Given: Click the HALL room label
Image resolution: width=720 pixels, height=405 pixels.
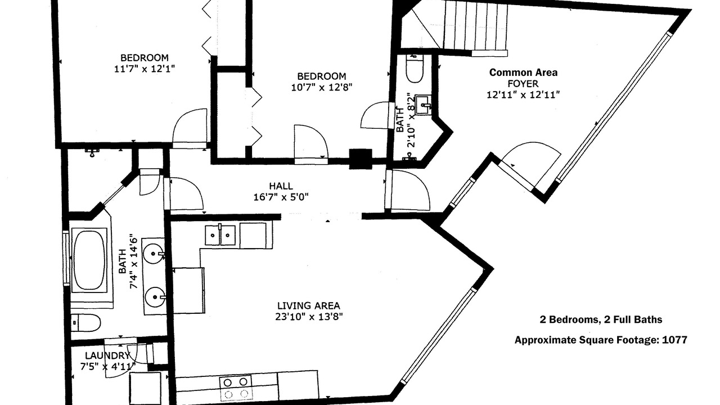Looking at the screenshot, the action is click(x=281, y=186).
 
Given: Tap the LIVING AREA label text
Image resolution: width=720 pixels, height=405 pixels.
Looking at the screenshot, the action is click(x=309, y=305).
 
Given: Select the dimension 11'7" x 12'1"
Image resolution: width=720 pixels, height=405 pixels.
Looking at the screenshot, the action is click(x=145, y=69).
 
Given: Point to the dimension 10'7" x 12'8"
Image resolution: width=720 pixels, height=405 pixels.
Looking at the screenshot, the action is click(x=321, y=87).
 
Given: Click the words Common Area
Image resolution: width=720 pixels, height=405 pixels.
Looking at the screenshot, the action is click(x=523, y=73).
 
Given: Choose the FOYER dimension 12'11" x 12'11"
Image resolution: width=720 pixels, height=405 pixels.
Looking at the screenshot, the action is click(x=523, y=95).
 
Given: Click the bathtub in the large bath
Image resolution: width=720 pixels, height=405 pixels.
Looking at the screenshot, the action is click(x=89, y=260).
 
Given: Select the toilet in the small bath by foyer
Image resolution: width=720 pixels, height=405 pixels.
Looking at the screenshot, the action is click(x=415, y=69).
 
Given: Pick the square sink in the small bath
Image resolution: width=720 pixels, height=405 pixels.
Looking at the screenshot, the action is click(x=424, y=105).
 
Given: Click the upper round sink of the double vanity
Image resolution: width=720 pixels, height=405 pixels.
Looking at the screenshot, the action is click(x=154, y=254).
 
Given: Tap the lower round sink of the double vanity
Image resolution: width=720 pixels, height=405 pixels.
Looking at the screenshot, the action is click(x=155, y=298).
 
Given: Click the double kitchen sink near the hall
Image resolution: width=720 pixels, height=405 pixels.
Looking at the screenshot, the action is click(x=220, y=235).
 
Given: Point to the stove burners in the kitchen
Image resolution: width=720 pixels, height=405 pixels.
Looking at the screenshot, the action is click(x=236, y=388).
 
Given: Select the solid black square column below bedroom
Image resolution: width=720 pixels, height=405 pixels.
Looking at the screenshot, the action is click(x=361, y=159).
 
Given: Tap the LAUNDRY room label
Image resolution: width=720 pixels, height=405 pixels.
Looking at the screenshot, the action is click(x=107, y=356).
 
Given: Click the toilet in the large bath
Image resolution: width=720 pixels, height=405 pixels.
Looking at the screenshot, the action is click(x=85, y=323).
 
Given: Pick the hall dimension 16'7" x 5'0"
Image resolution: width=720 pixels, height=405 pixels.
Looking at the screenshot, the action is click(x=281, y=197).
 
